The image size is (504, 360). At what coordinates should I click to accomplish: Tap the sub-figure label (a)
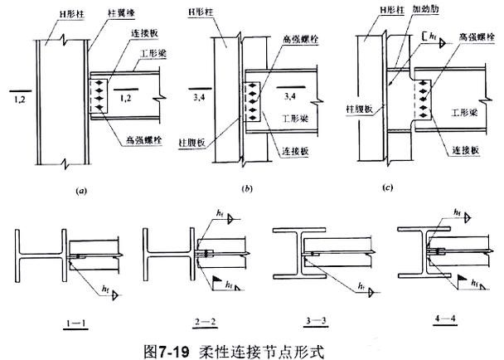point(80,190)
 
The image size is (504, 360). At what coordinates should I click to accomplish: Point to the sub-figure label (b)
point(247,190)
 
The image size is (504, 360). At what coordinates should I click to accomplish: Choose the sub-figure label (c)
point(387,188)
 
